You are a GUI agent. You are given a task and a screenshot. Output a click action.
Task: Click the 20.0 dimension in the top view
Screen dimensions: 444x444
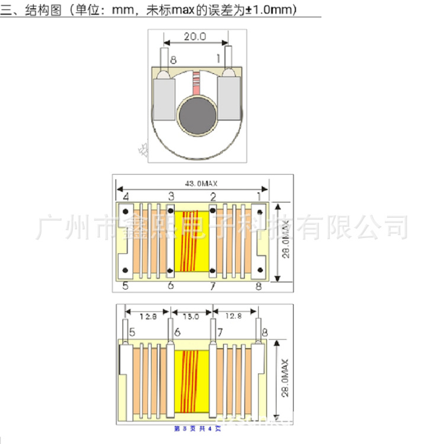pyautogui.click(x=195, y=37)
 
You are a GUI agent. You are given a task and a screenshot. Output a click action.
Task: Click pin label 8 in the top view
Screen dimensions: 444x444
pyautogui.click(x=173, y=60)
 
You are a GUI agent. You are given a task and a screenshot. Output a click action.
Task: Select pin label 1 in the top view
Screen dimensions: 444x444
pyautogui.click(x=218, y=58)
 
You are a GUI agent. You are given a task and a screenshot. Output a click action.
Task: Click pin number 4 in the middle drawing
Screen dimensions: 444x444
pyautogui.click(x=126, y=196)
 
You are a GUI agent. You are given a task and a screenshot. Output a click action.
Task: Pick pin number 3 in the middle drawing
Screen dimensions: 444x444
pyautogui.click(x=171, y=196)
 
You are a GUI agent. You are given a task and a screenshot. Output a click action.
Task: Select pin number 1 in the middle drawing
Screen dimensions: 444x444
pyautogui.click(x=259, y=196)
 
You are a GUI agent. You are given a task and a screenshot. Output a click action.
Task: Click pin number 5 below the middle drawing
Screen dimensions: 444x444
pyautogui.click(x=126, y=287)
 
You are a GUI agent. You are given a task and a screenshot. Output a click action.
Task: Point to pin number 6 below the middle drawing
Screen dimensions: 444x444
pyautogui.click(x=171, y=287)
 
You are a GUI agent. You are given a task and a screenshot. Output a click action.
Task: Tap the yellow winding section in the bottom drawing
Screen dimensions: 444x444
pyautogui.click(x=191, y=382)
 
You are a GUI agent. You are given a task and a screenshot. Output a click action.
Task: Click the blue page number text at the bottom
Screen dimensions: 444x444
pyautogui.click(x=197, y=428)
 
